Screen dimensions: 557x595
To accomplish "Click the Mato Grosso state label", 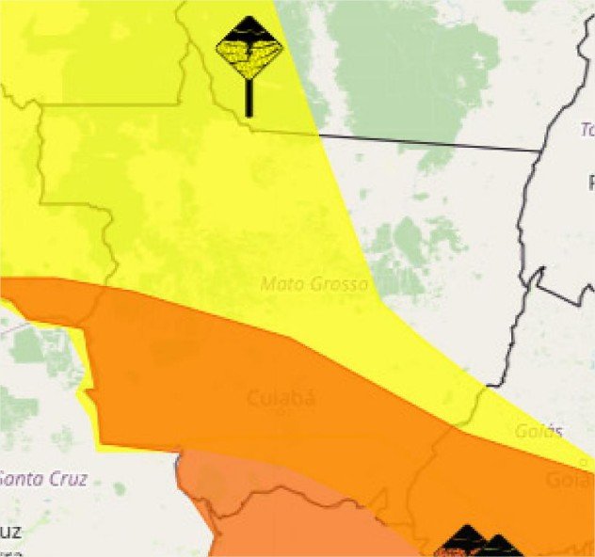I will pyautogui.click(x=314, y=283).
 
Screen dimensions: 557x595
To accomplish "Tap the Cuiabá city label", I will pyautogui.click(x=281, y=399).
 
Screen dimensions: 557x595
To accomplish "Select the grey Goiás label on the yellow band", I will pyautogui.click(x=539, y=432).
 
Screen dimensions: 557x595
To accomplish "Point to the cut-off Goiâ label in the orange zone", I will pyautogui.click(x=569, y=481).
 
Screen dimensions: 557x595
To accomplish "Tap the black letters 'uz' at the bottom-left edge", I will pyautogui.click(x=9, y=532).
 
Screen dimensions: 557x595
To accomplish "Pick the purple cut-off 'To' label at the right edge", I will pyautogui.click(x=587, y=129).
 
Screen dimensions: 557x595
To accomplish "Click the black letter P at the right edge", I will pyautogui.click(x=590, y=183).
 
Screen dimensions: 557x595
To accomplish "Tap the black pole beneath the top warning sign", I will pyautogui.click(x=249, y=100).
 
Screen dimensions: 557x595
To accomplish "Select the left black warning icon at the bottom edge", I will pyautogui.click(x=464, y=543).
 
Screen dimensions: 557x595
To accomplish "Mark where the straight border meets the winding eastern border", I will pyautogui.click(x=540, y=151).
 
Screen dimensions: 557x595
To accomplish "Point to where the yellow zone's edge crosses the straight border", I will pyautogui.click(x=317, y=135).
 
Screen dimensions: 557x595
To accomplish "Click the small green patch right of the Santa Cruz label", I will pyautogui.click(x=120, y=489).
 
